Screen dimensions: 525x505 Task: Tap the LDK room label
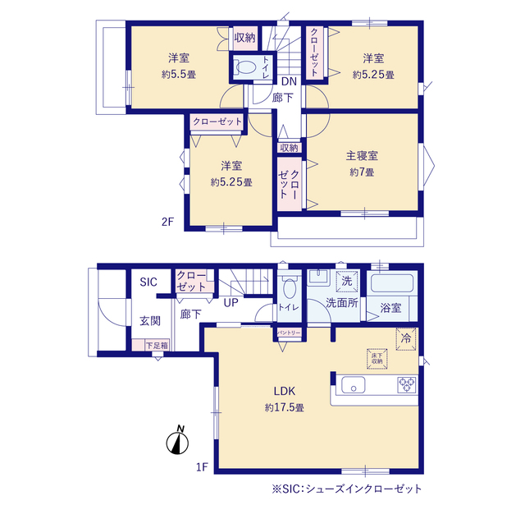285,391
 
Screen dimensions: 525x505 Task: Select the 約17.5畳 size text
285,407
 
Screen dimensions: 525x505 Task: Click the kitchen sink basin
354,384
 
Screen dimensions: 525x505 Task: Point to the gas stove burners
407,384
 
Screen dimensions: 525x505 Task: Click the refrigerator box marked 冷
406,339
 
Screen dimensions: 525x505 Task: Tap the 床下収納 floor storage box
377,359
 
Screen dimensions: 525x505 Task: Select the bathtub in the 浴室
392,283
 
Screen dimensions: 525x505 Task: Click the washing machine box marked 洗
347,281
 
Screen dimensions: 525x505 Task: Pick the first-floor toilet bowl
289,287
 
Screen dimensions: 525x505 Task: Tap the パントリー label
289,333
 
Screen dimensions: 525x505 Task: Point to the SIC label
148,282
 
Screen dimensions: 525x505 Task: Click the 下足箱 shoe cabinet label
157,346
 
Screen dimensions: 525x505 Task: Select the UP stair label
231,303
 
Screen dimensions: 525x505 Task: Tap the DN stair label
289,81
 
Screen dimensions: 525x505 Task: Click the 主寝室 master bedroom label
362,156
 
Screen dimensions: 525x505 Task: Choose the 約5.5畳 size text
179,75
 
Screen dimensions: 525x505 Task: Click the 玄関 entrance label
150,321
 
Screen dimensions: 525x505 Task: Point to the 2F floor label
167,222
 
